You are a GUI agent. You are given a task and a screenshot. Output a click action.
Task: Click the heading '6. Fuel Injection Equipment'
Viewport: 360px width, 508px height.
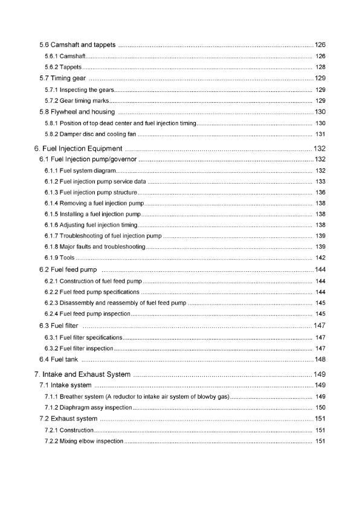tap(79, 149)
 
